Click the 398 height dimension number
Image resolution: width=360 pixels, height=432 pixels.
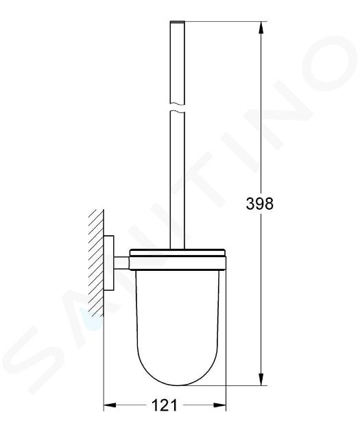point(260,204)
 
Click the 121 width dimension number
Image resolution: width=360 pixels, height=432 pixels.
point(165,405)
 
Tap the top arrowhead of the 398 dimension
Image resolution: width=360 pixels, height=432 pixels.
point(261,27)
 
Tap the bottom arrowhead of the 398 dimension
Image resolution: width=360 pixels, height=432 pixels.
point(261,379)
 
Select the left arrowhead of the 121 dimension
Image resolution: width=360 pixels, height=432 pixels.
point(109,405)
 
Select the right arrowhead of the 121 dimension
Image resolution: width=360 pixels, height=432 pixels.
point(220,405)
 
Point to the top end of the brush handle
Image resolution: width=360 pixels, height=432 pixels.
point(178,21)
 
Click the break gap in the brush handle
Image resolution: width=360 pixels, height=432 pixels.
point(178,108)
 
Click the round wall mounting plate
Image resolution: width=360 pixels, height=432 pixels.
point(109,263)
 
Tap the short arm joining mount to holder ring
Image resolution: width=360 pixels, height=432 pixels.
point(122,263)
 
